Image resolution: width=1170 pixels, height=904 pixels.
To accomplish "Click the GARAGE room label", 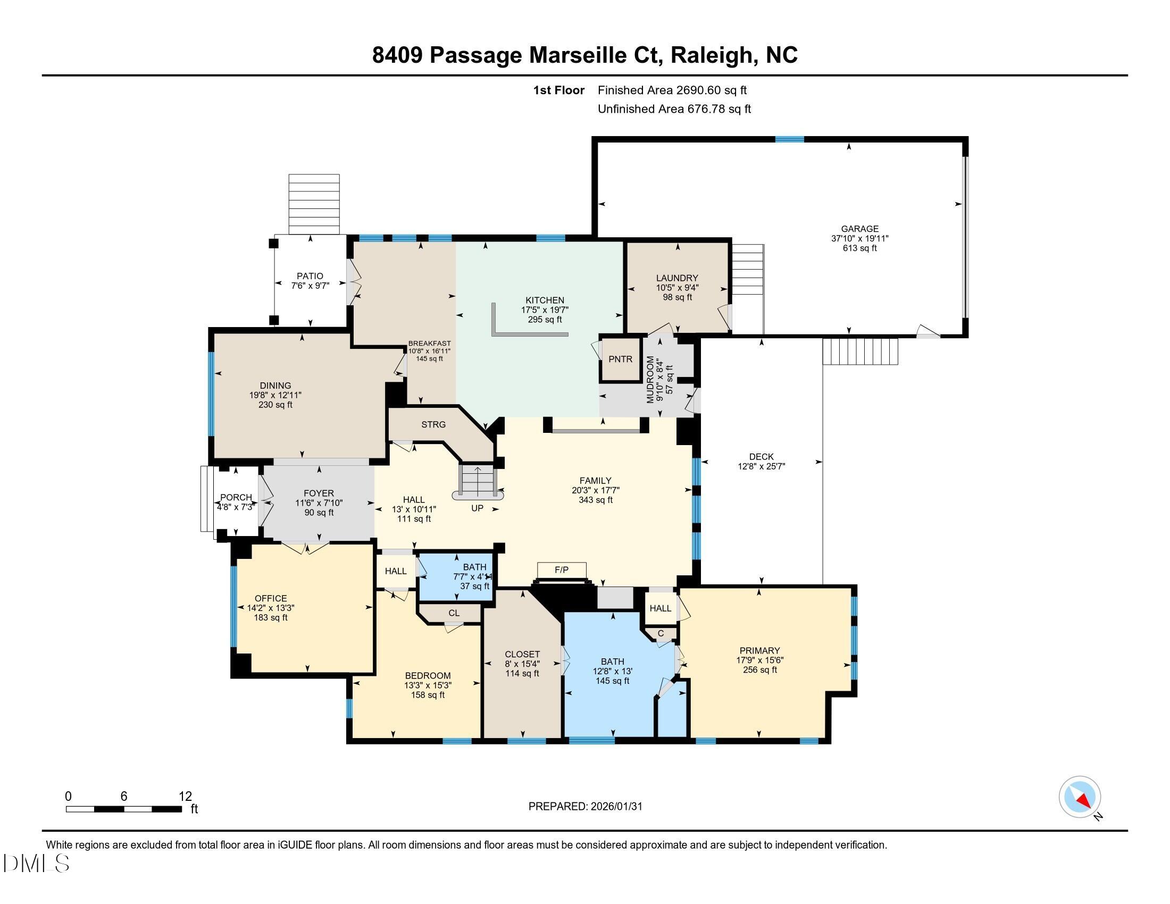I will coord(859,229).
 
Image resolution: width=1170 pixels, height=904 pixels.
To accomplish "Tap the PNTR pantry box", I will coord(620,359).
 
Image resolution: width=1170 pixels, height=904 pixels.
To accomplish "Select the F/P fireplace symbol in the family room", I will coord(561,571).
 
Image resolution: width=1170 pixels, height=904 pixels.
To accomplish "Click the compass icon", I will coord(1080,797).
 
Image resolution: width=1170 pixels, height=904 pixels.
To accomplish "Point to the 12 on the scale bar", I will coord(185,796).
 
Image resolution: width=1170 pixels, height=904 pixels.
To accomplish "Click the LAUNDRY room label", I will coord(677,278).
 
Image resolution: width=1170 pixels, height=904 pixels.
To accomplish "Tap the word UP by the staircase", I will coord(477,508).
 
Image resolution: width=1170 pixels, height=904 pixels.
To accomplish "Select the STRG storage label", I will coord(433,425).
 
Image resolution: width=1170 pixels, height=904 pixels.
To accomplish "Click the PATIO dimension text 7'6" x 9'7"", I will coord(310,286).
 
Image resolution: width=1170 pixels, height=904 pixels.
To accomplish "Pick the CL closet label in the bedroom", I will coord(454,613).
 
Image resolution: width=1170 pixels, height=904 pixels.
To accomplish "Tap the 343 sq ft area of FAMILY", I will coord(595,500).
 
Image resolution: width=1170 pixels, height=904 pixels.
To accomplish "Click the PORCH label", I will coord(236,498).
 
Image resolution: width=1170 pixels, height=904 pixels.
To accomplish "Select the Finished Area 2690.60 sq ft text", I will coord(672,90).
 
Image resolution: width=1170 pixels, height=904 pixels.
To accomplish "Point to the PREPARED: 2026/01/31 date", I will coord(585,806).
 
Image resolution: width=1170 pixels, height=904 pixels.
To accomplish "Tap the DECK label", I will coord(760,456).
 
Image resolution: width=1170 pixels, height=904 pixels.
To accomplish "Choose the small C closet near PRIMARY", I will coord(661,633).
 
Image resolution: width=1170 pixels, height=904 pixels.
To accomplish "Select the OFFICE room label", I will coord(271,598).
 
